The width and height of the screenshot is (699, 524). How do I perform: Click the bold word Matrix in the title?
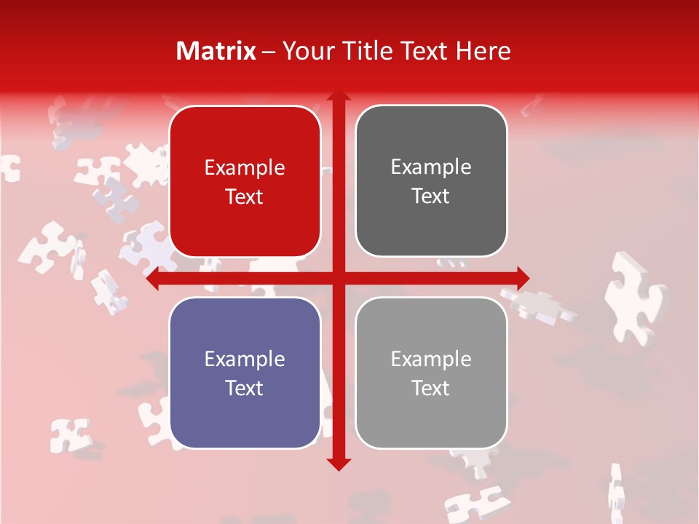[x=216, y=51]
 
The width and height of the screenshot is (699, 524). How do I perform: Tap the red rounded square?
[x=245, y=181]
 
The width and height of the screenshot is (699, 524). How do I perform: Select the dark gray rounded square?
[x=431, y=181]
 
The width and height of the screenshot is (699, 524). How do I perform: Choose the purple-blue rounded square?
[x=245, y=373]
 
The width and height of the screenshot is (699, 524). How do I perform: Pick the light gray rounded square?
[x=431, y=373]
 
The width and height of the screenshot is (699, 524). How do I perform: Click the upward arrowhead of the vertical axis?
[x=338, y=95]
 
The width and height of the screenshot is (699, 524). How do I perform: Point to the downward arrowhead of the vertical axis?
[x=338, y=464]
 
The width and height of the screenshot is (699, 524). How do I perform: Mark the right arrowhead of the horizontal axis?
[x=523, y=278]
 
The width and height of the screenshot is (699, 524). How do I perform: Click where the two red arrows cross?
[x=338, y=278]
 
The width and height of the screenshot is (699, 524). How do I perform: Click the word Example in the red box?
[x=245, y=168]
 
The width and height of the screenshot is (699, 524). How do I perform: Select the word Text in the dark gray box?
[x=431, y=196]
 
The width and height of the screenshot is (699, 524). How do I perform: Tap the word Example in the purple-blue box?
[x=245, y=359]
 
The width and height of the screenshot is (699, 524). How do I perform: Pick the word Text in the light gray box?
[x=431, y=388]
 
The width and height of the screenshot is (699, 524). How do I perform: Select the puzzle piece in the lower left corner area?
[x=70, y=434]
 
